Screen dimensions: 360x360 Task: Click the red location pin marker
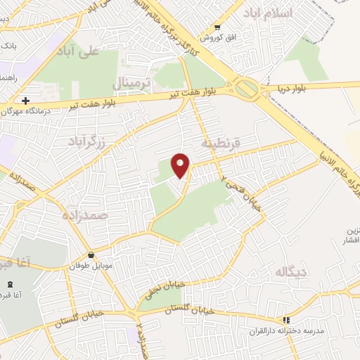[181, 165]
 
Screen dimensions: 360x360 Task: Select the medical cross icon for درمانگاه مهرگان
[25, 101]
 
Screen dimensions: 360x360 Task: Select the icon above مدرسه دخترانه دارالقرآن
[285, 320]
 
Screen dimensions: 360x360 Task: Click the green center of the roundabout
[246, 90]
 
